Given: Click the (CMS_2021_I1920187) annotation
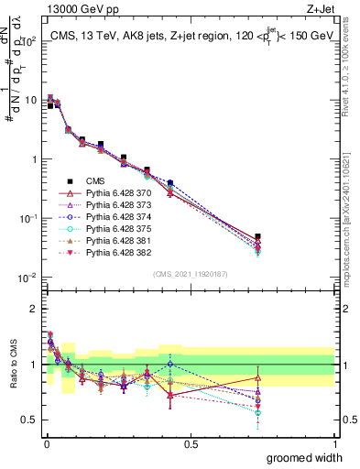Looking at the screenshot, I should point(191,274).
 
